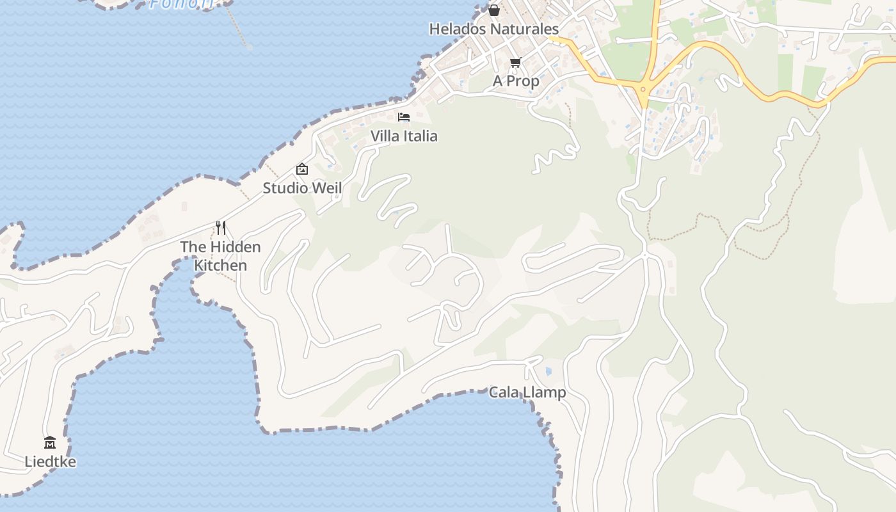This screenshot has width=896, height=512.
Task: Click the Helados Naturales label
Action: click(x=493, y=29)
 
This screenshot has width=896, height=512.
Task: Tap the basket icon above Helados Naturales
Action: click(x=494, y=10)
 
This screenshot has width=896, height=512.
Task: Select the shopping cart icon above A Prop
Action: click(x=515, y=62)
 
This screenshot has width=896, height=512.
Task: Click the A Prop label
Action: click(x=516, y=81)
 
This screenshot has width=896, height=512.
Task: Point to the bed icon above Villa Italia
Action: click(x=404, y=116)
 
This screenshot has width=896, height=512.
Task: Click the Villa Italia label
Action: click(x=404, y=136)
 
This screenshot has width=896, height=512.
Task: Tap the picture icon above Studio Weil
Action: click(x=302, y=169)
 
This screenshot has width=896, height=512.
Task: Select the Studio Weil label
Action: click(x=302, y=188)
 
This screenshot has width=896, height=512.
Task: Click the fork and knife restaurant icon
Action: click(x=221, y=227)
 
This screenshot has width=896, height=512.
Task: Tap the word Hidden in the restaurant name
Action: click(x=236, y=247)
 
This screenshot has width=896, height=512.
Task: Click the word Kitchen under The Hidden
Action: click(x=220, y=265)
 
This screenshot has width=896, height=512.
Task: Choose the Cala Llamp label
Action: click(x=527, y=392)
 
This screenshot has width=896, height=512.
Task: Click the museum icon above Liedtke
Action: click(x=50, y=442)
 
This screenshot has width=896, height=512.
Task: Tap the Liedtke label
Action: click(x=50, y=461)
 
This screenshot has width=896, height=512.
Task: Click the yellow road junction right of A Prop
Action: click(x=643, y=88)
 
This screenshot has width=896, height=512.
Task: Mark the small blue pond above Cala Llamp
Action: click(x=548, y=371)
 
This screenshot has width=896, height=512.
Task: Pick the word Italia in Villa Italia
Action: click(x=420, y=136)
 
